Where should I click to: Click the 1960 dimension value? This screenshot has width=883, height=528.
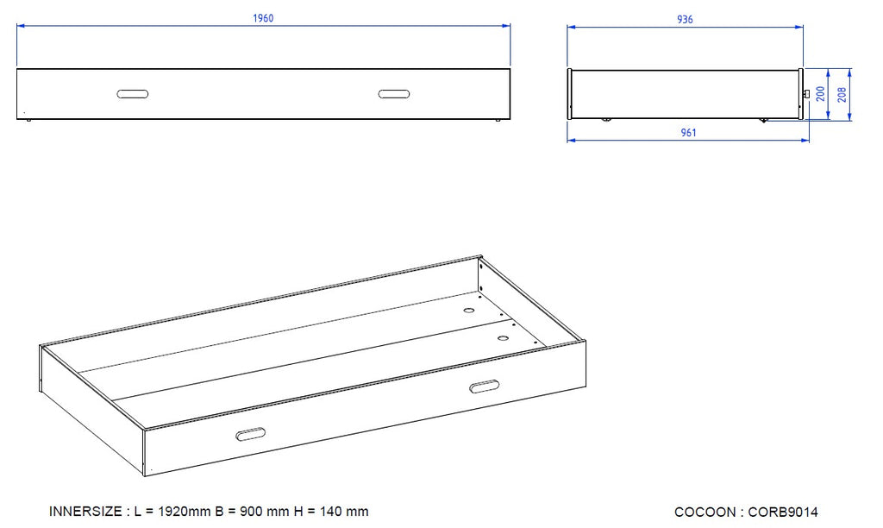click(x=263, y=18)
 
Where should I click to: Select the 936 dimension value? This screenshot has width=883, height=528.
click(x=685, y=19)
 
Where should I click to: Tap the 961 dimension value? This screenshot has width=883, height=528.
click(x=689, y=132)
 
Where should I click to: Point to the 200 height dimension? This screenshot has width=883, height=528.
click(x=821, y=93)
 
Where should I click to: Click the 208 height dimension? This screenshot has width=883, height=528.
click(x=842, y=94)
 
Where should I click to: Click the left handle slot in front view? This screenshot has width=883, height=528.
click(x=133, y=94)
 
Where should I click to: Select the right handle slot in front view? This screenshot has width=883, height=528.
click(x=394, y=94)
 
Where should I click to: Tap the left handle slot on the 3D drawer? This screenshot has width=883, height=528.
click(x=251, y=435)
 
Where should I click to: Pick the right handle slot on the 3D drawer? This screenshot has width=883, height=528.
click(x=485, y=386)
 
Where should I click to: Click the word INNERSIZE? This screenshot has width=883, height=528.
click(x=85, y=512)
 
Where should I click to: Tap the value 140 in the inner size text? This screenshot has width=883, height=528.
click(x=331, y=512)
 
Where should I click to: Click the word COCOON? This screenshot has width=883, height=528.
click(x=705, y=512)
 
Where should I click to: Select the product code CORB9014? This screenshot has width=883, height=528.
click(x=783, y=512)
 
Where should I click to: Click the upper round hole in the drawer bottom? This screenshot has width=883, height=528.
click(x=469, y=311)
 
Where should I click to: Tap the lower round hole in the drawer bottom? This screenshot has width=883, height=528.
click(x=503, y=339)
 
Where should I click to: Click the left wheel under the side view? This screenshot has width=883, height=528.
click(x=606, y=119)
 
